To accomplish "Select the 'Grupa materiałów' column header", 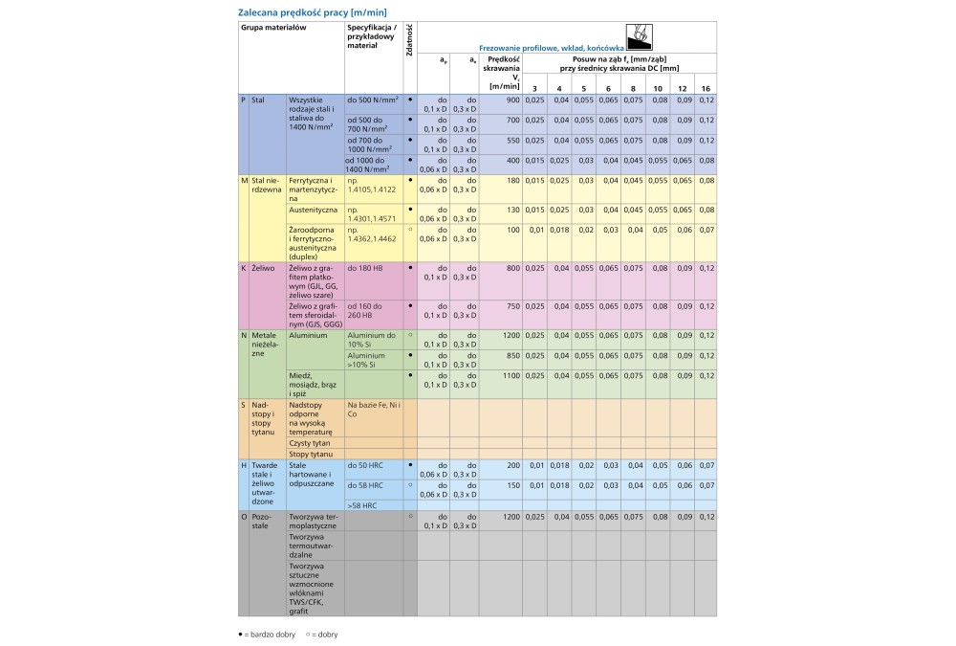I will [x=272, y=29].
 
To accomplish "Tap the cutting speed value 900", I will [x=512, y=100].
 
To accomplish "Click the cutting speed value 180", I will [x=512, y=180].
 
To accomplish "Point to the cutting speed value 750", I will [x=512, y=306].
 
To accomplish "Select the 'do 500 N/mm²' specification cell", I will [x=372, y=100].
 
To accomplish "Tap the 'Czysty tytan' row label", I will [x=311, y=443].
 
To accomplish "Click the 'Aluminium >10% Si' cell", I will [x=372, y=359].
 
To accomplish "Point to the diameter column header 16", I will [x=706, y=88].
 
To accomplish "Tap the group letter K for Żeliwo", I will [x=244, y=268].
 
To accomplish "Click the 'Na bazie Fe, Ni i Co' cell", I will [x=374, y=410].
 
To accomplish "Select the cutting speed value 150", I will [x=512, y=484].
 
